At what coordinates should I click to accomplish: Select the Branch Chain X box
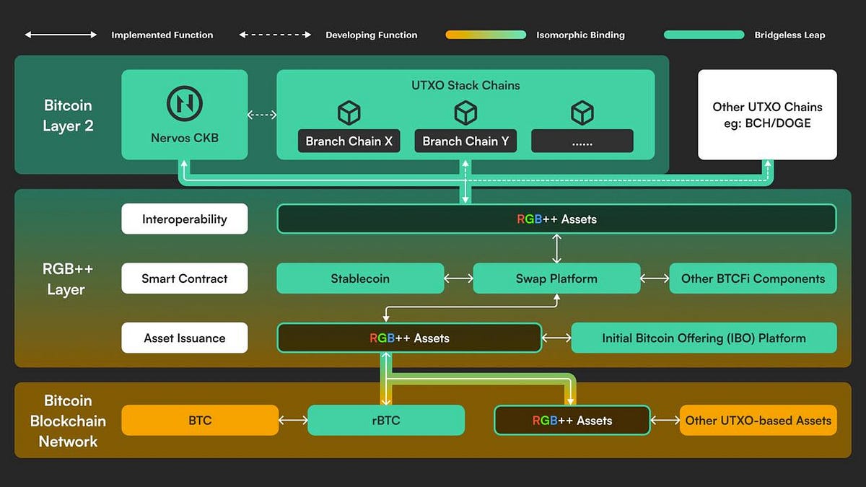point(349,141)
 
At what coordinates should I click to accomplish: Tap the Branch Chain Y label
point(465,141)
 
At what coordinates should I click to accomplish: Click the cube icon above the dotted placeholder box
point(582,113)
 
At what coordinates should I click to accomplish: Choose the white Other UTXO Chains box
point(767,115)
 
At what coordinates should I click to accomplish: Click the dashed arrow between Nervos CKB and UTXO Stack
point(262,114)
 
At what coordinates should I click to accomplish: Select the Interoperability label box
point(185,219)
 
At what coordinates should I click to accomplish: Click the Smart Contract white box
point(185,278)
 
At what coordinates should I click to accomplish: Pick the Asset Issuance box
point(185,338)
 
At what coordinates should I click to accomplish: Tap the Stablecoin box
point(360,278)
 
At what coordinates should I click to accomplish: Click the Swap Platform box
point(556,278)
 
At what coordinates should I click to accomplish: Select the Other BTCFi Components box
point(753,278)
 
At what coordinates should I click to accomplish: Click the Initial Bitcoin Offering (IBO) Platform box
point(704,338)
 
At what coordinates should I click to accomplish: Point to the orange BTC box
point(200,420)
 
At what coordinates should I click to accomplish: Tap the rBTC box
point(386,420)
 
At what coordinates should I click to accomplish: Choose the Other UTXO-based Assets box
point(758,420)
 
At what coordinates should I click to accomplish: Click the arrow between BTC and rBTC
point(293,420)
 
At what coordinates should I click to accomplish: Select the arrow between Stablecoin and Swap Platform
point(458,278)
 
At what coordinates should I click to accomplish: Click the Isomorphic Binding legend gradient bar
point(486,35)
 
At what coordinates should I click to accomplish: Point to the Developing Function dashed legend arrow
point(275,35)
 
